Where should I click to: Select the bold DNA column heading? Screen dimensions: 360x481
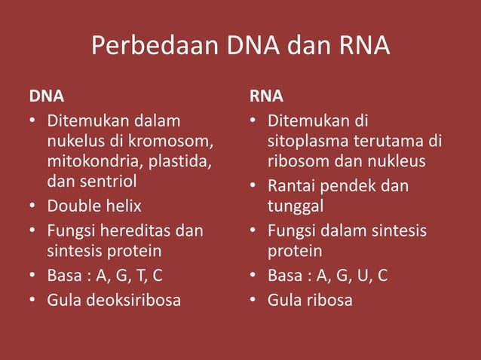(x=46, y=96)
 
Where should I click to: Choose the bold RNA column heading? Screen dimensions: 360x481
(x=267, y=96)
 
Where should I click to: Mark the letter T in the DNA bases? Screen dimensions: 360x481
(x=139, y=276)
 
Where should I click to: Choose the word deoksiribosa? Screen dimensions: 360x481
(x=133, y=300)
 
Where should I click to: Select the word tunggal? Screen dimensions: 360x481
(x=296, y=206)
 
